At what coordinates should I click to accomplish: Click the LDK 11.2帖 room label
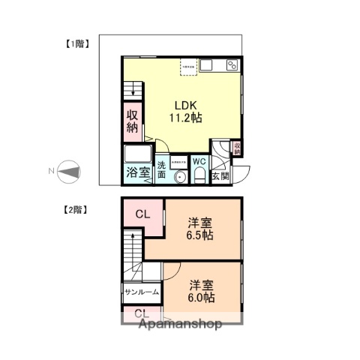tap(183, 111)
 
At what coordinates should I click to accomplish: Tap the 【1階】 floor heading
tap(73, 43)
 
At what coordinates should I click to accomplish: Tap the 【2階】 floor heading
tap(73, 211)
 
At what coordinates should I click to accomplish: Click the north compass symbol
tap(68, 172)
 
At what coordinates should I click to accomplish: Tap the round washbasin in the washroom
tap(179, 177)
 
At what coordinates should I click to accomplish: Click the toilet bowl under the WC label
tap(199, 175)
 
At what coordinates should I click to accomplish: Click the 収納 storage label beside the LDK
tap(132, 121)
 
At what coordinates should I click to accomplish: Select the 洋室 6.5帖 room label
tap(200, 228)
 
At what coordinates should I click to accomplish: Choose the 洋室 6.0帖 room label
tap(201, 291)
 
